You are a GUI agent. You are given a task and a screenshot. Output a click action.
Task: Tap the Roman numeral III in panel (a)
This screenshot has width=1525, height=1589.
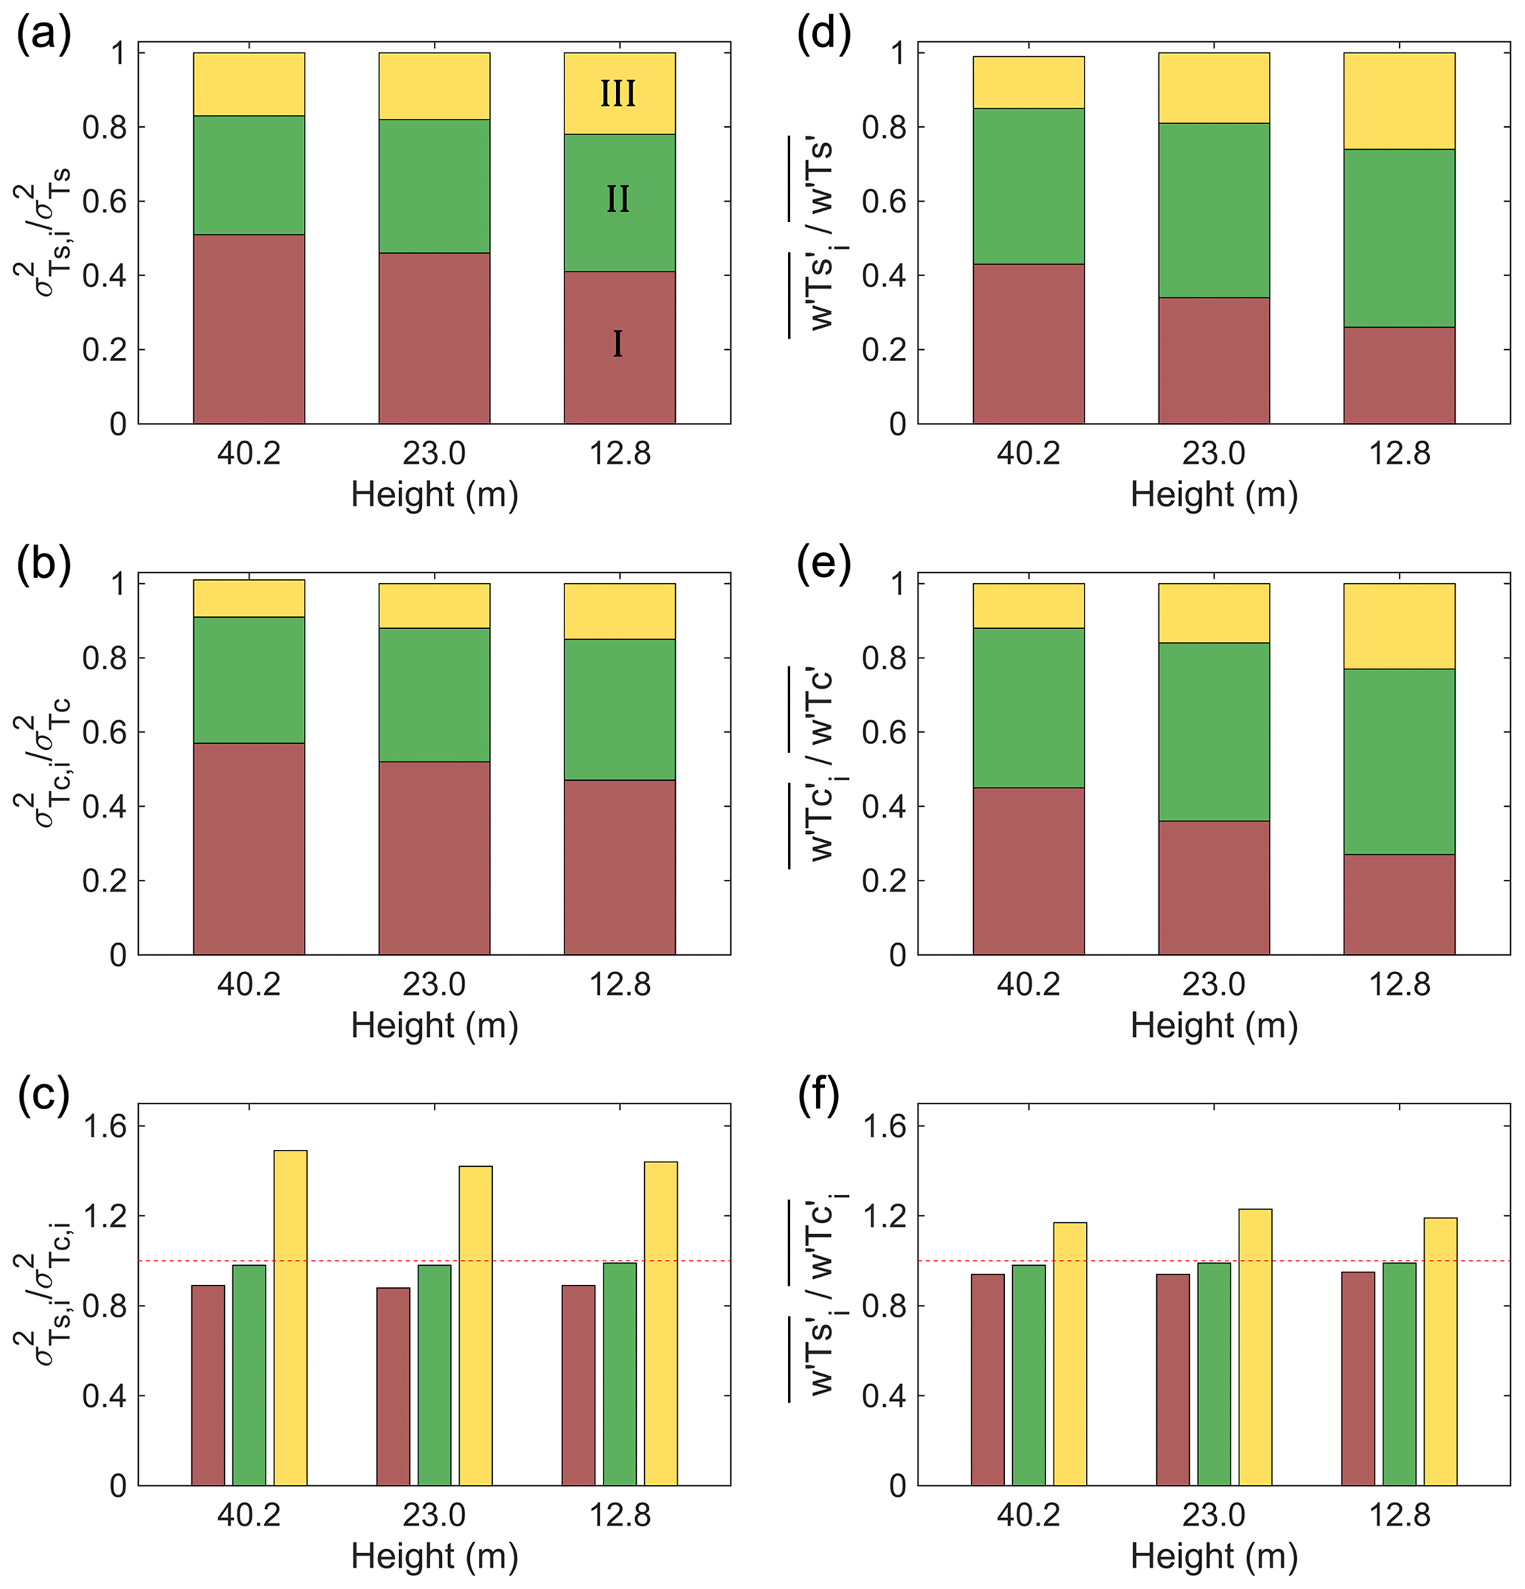618,94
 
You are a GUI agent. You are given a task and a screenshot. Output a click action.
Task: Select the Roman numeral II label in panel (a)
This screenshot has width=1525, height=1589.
618,199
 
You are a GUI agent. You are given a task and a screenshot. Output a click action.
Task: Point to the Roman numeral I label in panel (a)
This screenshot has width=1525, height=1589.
618,345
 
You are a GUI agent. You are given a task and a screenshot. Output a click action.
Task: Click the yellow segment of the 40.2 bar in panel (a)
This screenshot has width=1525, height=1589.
249,84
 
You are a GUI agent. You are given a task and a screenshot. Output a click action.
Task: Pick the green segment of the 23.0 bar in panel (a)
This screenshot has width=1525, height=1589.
435,186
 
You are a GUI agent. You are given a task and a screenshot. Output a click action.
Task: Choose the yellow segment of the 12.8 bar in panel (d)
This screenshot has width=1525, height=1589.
1400,100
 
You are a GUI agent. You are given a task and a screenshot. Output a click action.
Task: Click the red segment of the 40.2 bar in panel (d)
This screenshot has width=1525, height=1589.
1028,344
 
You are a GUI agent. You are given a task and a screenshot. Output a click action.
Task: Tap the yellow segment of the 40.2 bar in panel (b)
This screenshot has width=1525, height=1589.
249,599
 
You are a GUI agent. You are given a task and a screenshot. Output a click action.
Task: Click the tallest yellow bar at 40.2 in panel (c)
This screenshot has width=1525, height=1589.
290,1317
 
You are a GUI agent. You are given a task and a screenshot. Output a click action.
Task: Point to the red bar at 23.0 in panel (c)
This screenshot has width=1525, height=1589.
393,1386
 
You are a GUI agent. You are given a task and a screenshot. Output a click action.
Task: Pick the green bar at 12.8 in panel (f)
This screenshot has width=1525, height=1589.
1400,1374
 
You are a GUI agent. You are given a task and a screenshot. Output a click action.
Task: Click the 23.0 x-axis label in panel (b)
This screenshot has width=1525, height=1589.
435,985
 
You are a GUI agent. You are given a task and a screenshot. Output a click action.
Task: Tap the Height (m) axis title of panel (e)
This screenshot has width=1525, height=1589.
1214,1026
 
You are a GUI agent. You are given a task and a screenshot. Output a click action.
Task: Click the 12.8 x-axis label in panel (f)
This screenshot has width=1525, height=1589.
1400,1514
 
